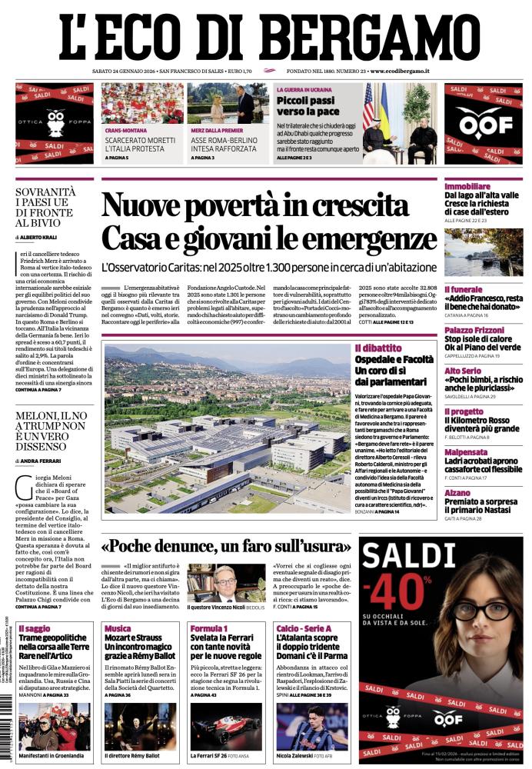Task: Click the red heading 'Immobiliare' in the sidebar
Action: [467, 187]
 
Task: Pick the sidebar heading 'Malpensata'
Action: [466, 453]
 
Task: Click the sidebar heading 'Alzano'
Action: [457, 493]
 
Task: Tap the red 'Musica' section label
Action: [118, 629]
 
